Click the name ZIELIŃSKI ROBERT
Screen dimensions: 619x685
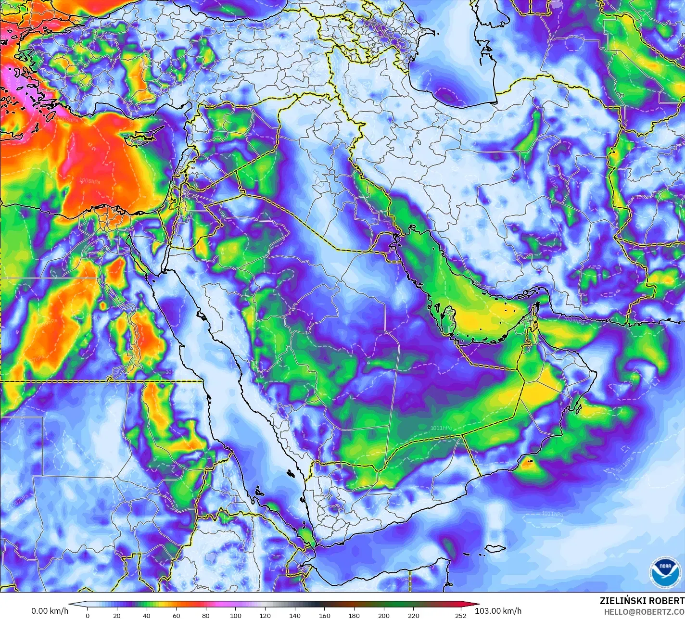click(642, 601)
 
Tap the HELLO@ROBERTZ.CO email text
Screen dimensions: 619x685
click(644, 611)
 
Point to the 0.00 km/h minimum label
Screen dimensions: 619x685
click(50, 611)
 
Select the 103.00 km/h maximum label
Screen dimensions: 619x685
click(498, 611)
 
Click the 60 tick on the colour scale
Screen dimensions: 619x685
click(176, 615)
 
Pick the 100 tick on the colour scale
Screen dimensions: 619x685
click(235, 615)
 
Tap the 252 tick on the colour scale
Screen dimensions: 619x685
click(461, 615)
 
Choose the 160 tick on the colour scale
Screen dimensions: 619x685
click(324, 615)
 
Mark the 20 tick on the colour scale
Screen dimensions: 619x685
click(117, 615)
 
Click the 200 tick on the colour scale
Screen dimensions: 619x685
click(383, 615)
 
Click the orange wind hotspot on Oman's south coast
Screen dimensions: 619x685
click(528, 464)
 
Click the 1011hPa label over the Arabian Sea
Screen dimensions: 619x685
click(552, 514)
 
